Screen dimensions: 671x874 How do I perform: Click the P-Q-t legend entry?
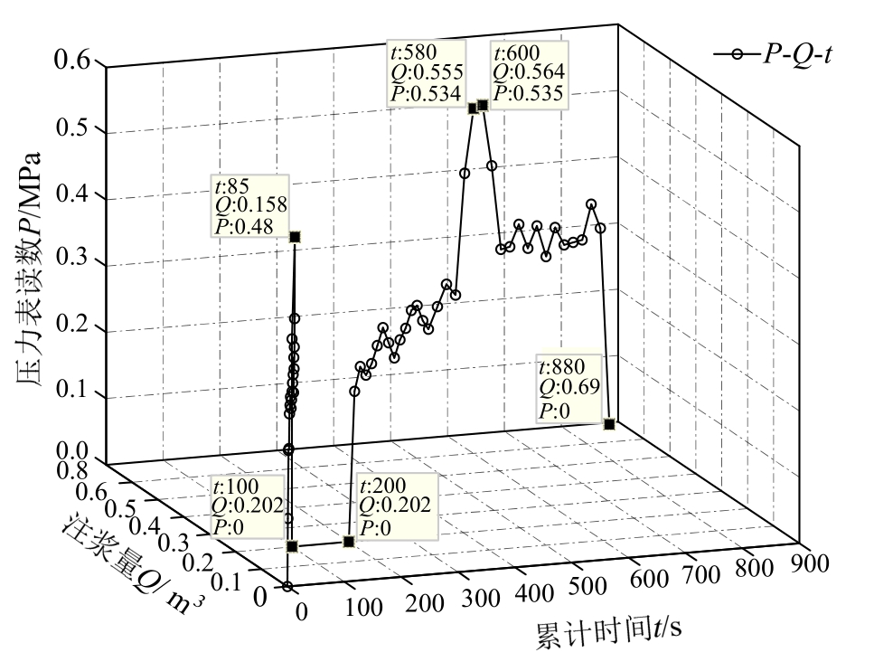tap(774, 54)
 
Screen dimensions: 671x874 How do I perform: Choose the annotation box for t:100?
tap(246, 506)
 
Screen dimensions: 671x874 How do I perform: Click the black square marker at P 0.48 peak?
tap(295, 237)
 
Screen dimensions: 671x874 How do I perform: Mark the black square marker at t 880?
tap(609, 424)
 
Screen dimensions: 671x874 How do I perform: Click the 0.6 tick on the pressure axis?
tap(72, 62)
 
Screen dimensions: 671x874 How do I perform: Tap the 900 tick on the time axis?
tap(810, 562)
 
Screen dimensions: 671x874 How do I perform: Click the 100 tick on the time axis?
tap(363, 607)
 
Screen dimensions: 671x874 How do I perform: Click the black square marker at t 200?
tap(349, 542)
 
